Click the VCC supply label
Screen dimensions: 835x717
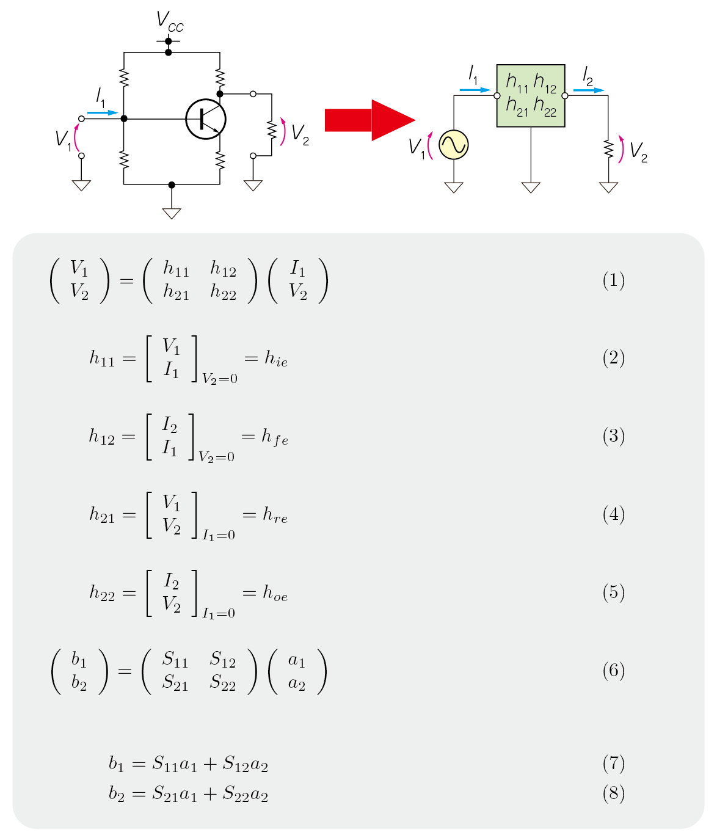tap(169, 21)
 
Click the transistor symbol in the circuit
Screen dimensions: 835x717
tap(206, 119)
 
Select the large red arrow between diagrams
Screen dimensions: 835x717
tap(369, 120)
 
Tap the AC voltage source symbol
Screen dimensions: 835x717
tap(454, 145)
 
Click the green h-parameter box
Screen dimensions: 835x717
tap(531, 96)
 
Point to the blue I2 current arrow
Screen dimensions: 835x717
tap(588, 90)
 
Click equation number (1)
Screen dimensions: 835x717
tap(613, 280)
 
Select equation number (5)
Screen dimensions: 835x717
tap(613, 593)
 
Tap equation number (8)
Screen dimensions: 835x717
tap(613, 793)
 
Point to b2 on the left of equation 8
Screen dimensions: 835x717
tap(116, 793)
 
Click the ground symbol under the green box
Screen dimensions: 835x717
tap(531, 187)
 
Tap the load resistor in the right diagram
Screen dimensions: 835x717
tap(608, 149)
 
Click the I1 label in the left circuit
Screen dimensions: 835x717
tap(101, 97)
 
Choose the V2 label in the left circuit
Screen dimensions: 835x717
tap(300, 134)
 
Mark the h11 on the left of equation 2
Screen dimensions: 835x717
tap(102, 359)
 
